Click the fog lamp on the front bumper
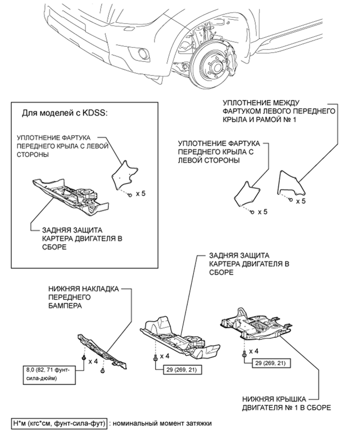click(x=141, y=53)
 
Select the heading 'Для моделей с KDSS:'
click(x=65, y=113)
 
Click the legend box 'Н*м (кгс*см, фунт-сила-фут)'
click(x=59, y=424)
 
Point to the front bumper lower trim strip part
click(x=103, y=352)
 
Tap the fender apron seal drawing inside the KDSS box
click(x=124, y=175)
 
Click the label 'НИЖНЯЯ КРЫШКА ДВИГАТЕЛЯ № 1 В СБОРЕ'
click(x=286, y=403)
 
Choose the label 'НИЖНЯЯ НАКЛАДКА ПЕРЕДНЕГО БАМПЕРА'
click(x=83, y=297)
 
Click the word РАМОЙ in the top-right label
click(x=263, y=120)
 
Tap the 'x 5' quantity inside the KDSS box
click(x=141, y=194)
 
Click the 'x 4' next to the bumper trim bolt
click(x=93, y=362)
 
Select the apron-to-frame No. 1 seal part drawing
click(x=291, y=183)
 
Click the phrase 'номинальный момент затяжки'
click(x=162, y=424)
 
